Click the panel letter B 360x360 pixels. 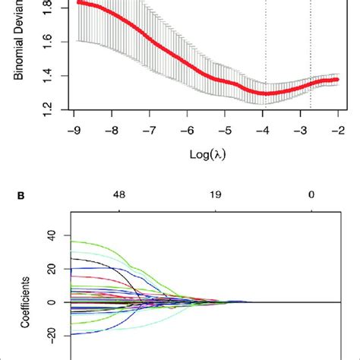pos(31,195)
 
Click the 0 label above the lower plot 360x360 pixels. pos(311,195)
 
